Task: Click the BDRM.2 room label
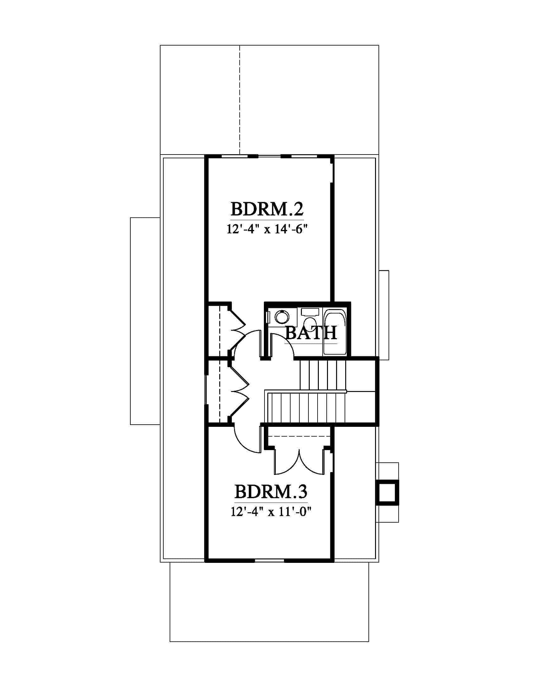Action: click(x=267, y=209)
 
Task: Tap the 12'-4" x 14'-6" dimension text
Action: click(x=267, y=229)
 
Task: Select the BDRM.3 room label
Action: click(x=271, y=492)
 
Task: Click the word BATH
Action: click(x=311, y=333)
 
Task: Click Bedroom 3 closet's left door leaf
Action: click(x=286, y=467)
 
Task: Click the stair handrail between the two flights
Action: click(x=306, y=391)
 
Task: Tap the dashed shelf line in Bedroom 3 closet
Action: click(x=299, y=437)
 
